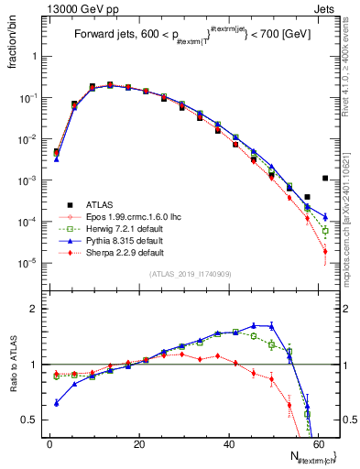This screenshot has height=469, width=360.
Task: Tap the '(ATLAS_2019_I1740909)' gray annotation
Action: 190,274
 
